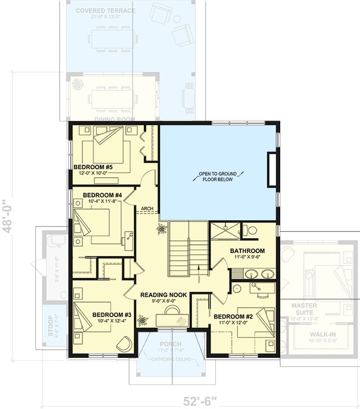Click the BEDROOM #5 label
point(94,167)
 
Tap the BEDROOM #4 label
point(102,195)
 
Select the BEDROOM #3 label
point(112,314)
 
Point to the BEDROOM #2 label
point(233,316)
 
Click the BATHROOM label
point(247,251)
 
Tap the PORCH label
point(170,344)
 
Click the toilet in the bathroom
point(250,230)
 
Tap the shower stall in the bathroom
point(224,231)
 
